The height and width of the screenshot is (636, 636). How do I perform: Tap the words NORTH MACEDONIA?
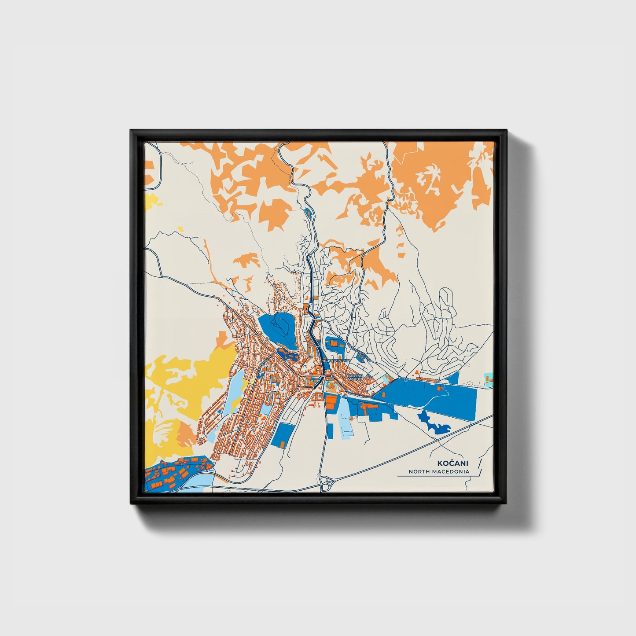click(439, 471)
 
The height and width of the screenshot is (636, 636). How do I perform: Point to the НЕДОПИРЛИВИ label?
click(336, 360)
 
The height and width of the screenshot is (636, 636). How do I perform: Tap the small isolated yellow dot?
click(180, 228)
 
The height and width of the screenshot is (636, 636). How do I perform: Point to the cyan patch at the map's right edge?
click(488, 378)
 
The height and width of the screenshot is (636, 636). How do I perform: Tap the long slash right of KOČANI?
click(479, 466)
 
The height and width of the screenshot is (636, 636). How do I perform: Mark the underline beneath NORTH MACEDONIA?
click(434, 476)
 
